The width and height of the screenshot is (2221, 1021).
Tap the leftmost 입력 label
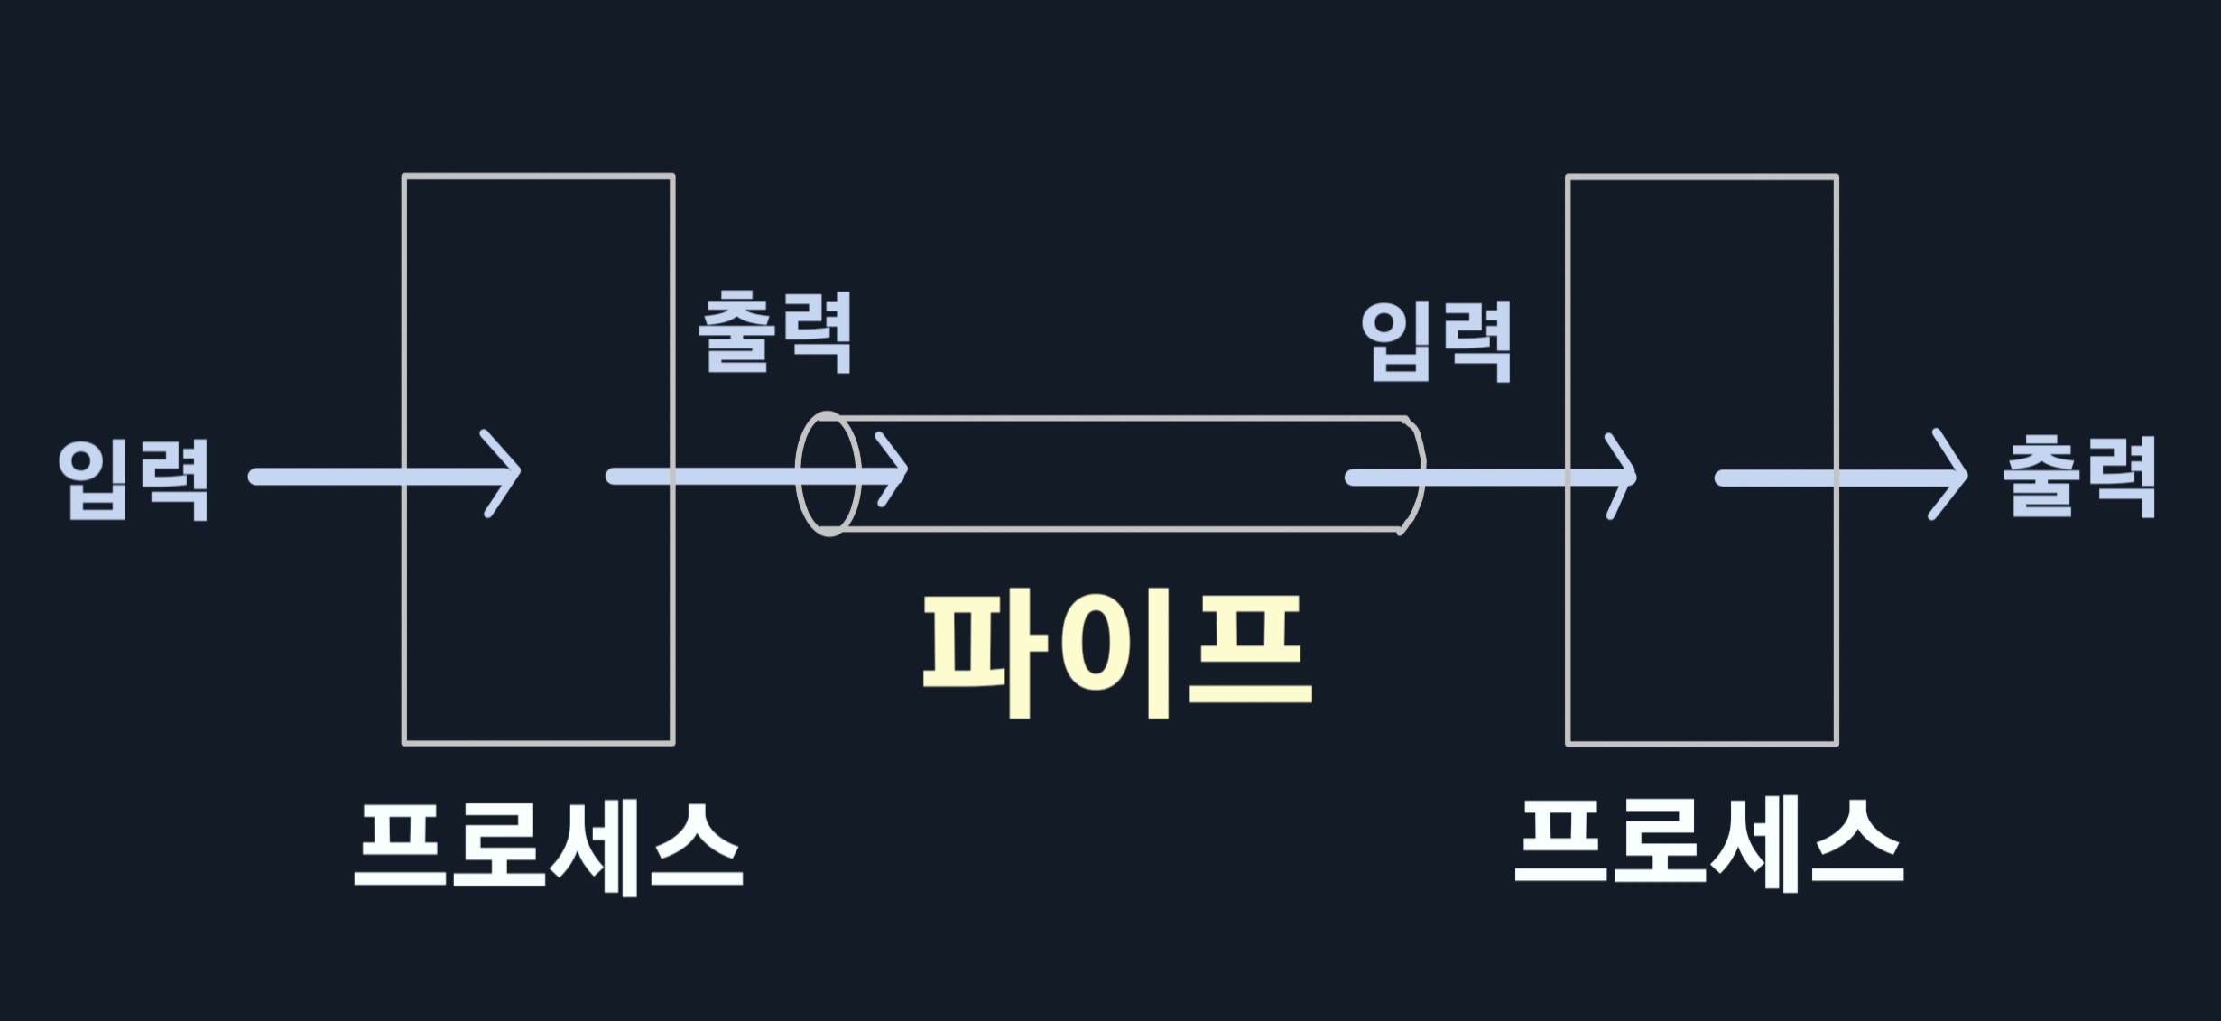[134, 478]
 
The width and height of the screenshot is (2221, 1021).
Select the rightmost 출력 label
[2078, 477]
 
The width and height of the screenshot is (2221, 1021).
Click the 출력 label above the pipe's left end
[775, 331]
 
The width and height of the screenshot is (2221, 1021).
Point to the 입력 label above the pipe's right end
[1436, 341]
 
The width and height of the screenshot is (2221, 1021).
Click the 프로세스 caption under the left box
[548, 849]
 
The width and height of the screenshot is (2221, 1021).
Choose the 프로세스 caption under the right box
[1708, 847]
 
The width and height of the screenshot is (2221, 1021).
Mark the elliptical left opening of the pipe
[828, 474]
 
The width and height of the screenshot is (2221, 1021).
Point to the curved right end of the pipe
[1413, 474]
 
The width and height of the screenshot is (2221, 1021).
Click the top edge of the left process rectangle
[538, 175]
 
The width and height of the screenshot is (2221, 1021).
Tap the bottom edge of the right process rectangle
[1701, 744]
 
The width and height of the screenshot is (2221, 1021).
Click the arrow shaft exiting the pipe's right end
[1462, 478]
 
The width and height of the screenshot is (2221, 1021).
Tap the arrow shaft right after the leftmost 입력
[325, 476]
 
